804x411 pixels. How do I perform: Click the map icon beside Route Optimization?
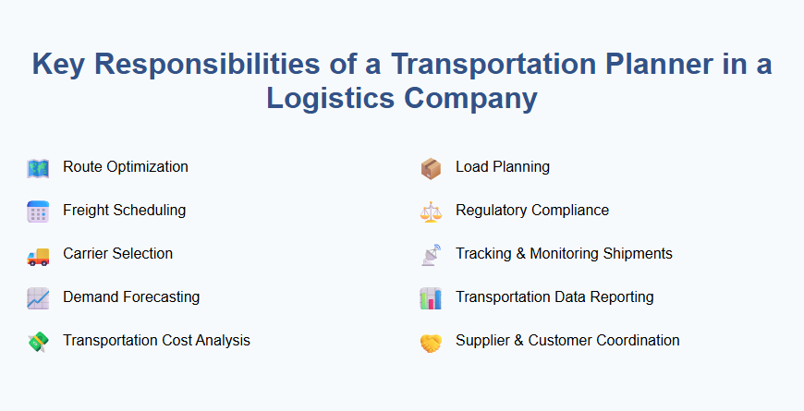pos(38,168)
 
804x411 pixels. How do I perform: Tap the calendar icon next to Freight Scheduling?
pos(38,212)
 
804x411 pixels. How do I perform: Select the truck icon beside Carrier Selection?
pos(38,255)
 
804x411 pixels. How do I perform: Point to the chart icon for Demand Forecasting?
pos(38,298)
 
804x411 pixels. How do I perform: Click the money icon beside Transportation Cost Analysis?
pos(38,342)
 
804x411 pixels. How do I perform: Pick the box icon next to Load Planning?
pos(431,168)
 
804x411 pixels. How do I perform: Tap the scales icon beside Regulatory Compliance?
pos(431,212)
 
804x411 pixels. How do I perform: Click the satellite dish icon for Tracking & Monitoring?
pos(431,255)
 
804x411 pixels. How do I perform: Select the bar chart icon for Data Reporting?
pos(431,298)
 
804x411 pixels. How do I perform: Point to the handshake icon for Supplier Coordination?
pos(431,342)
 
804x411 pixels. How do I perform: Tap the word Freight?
pos(86,211)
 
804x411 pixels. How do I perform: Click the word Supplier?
pos(483,341)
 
